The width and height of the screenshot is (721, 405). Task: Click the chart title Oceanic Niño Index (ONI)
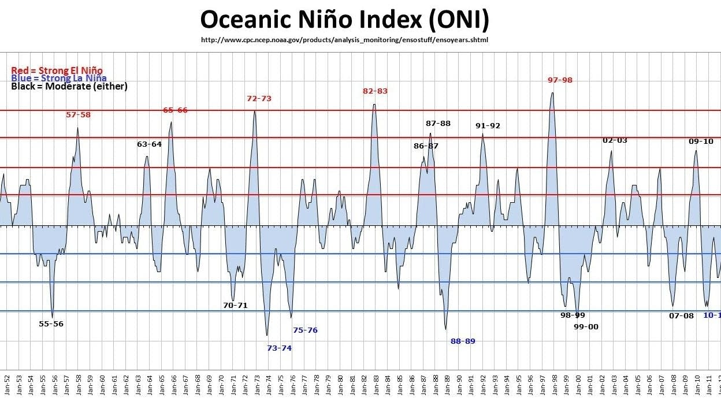pos(344,20)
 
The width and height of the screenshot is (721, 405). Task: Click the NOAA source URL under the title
pos(345,40)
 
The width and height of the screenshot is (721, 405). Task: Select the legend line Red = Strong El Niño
pos(57,70)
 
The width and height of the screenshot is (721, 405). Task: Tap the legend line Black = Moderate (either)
pos(69,86)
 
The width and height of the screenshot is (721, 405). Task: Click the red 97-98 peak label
pos(560,80)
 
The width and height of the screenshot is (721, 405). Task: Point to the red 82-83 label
pos(375,91)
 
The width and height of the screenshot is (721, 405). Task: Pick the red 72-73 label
pos(259,99)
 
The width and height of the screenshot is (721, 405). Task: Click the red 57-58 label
pos(78,115)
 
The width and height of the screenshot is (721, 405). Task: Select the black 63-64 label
pos(149,144)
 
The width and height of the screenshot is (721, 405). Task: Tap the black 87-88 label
pos(438,124)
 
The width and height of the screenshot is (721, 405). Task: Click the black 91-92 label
pos(488,126)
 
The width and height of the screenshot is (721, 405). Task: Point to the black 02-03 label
pos(615,140)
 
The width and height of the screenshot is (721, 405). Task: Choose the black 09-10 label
pos(701,142)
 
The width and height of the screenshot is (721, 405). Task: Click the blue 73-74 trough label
pos(279,348)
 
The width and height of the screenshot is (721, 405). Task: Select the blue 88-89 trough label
pos(463,341)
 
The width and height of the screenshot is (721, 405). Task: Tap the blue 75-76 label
pos(305,330)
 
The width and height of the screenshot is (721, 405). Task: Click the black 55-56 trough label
pos(51,324)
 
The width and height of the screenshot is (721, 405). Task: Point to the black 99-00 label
pos(586,327)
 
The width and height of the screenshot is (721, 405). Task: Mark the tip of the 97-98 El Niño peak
pos(552,93)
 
